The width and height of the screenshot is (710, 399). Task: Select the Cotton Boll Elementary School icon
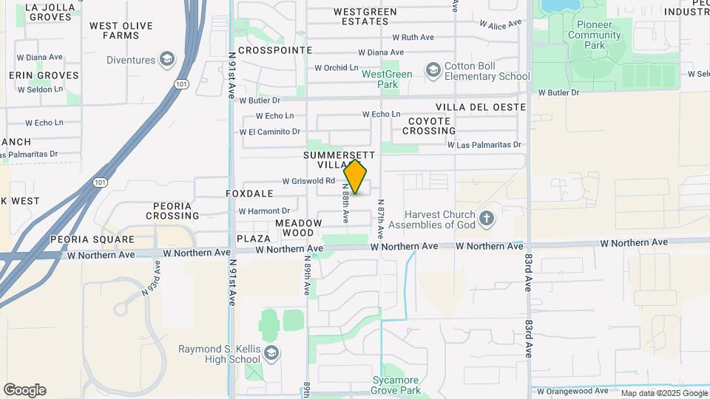(433, 70)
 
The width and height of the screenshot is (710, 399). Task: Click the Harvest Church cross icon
(486, 219)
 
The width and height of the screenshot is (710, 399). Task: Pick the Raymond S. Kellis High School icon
(271, 352)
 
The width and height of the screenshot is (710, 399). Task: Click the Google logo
(24, 390)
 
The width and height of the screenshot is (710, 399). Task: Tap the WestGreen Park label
(387, 79)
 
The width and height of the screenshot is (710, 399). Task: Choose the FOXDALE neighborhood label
(249, 194)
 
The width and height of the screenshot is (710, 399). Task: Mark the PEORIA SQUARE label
(92, 239)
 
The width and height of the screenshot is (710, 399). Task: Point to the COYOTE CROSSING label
(429, 126)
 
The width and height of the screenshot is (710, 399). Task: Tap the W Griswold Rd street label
(309, 181)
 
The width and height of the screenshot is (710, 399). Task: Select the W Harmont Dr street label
(264, 211)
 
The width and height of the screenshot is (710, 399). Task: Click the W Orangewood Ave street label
(572, 391)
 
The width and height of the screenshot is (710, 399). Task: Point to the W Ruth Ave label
(413, 37)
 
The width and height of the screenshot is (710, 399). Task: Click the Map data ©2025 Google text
(663, 394)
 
